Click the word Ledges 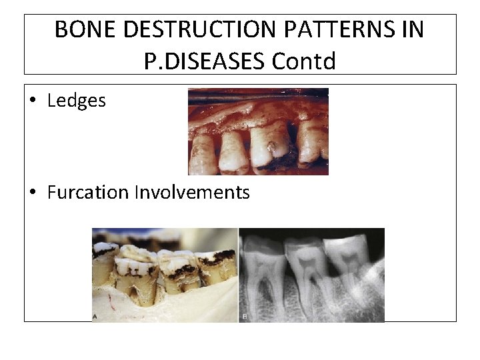[x=77, y=101]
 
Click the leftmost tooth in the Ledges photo [x=199, y=147]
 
